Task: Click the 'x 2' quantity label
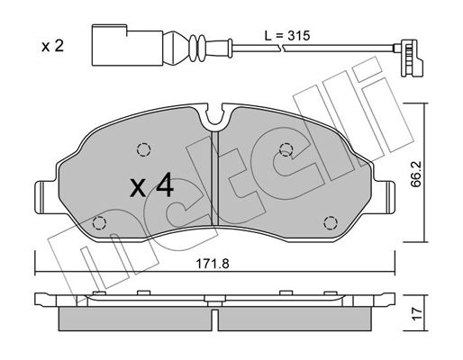pyautogui.click(x=52, y=46)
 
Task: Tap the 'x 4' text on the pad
pyautogui.click(x=151, y=185)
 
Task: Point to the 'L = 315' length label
pyautogui.click(x=287, y=36)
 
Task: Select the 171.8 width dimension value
pyautogui.click(x=213, y=264)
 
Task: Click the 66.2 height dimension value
pyautogui.click(x=416, y=174)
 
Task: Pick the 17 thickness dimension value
pyautogui.click(x=417, y=313)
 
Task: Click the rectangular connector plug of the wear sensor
pyautogui.click(x=127, y=45)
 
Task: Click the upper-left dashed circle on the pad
pyautogui.click(x=143, y=149)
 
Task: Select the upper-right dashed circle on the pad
pyautogui.click(x=286, y=149)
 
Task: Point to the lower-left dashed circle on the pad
pyautogui.click(x=99, y=223)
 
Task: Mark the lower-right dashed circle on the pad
pyautogui.click(x=331, y=223)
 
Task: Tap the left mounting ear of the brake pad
pyautogui.click(x=46, y=197)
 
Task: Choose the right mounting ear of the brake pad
pyautogui.click(x=384, y=197)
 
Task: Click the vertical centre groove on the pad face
pyautogui.click(x=215, y=178)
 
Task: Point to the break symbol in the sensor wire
pyautogui.click(x=281, y=48)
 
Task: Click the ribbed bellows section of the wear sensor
pyautogui.click(x=196, y=48)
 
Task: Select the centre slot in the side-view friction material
pyautogui.click(x=215, y=319)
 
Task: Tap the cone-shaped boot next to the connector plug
pyautogui.click(x=173, y=48)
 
